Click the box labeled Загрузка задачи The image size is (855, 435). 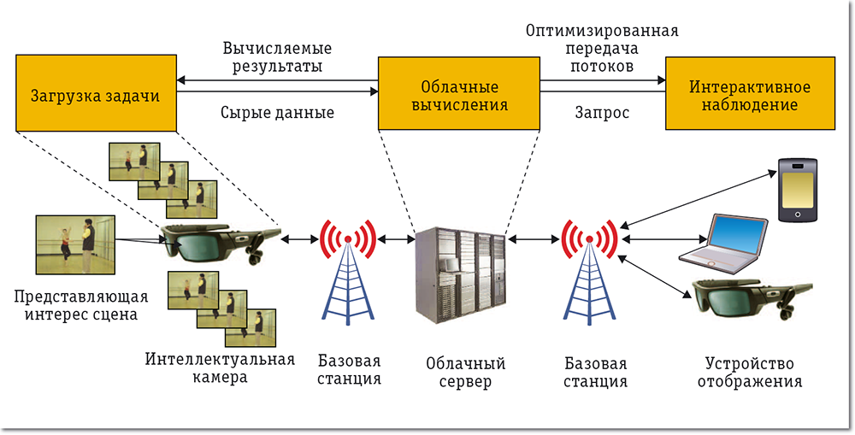point(95,95)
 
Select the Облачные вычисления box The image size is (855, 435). point(458,95)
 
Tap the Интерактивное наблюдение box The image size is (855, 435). point(750,95)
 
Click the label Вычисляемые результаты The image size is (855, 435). point(277,56)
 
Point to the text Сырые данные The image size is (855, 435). point(277,112)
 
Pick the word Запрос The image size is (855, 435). point(602,112)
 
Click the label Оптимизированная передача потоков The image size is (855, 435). point(602,48)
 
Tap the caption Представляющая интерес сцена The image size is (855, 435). point(75,305)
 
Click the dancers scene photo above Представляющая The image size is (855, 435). point(75,244)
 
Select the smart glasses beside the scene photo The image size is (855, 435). point(215,243)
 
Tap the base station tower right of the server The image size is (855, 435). point(589,273)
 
